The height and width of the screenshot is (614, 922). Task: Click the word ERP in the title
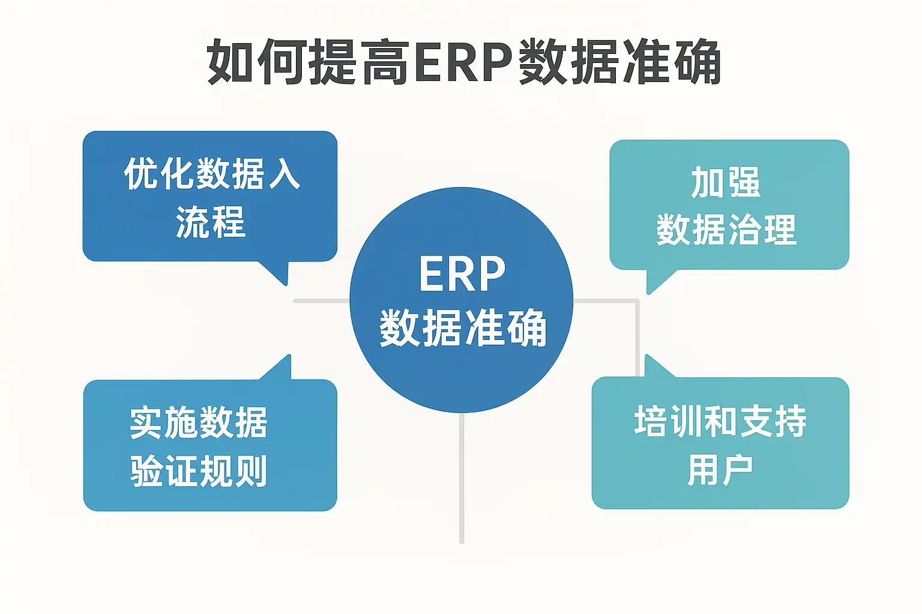coord(462,62)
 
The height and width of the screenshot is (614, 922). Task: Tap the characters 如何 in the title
coord(257,62)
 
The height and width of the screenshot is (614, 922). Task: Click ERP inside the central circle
coord(462,275)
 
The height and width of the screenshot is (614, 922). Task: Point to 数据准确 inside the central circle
coord(462,328)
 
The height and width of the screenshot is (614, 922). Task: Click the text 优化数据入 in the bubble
coord(211,174)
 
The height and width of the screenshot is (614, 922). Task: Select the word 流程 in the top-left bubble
coord(210,222)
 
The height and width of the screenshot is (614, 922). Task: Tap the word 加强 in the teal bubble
coord(726,183)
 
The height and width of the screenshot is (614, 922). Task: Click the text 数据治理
coord(726,230)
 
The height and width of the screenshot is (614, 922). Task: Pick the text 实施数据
coord(198,423)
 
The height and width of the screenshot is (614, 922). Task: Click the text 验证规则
coord(198,471)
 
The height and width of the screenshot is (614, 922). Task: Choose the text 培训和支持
coord(720,421)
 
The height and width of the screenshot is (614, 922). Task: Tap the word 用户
coord(720,469)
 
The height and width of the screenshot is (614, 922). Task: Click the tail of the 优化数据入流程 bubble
coord(277,272)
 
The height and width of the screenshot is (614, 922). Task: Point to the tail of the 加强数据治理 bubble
coord(657,281)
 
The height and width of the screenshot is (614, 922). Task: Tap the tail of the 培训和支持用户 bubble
coord(655,367)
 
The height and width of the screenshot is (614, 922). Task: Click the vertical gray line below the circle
coord(462,480)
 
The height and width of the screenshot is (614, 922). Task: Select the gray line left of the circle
coord(321,300)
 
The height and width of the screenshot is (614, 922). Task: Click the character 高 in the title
coord(387,62)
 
